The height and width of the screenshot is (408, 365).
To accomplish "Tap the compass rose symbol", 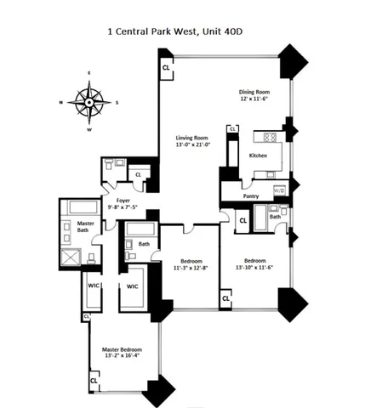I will point(88,103).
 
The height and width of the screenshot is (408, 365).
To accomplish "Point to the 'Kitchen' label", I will point(259,156).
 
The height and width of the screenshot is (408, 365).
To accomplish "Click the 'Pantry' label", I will point(250,196).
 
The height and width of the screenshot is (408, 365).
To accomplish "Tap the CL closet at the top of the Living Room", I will point(166,66).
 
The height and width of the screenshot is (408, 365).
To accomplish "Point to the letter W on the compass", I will point(88,130).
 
